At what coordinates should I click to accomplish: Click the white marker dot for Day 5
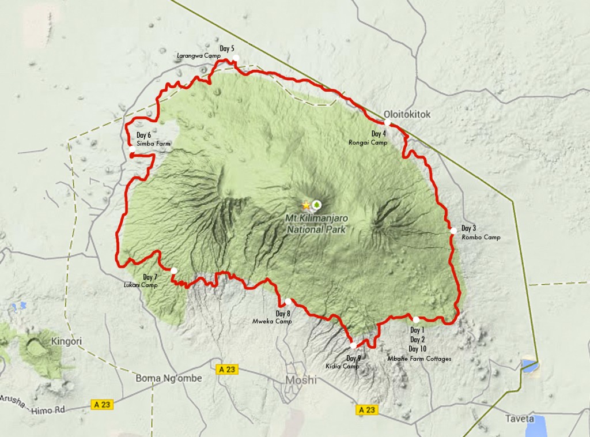(x=235, y=58)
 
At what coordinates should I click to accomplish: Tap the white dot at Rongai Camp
(x=387, y=123)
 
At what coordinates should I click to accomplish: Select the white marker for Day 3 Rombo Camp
(x=453, y=231)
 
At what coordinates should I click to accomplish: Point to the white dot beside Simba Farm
(x=132, y=150)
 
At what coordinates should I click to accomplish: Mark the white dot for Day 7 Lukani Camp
(x=173, y=270)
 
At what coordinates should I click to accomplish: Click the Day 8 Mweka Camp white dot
(x=288, y=302)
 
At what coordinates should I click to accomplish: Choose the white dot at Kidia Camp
(x=353, y=345)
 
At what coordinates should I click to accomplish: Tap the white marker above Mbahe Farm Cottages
(x=416, y=319)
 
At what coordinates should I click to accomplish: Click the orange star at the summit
(x=305, y=205)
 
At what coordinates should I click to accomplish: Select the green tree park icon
(x=316, y=205)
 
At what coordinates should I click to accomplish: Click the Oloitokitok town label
(x=407, y=114)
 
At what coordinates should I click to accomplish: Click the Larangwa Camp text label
(x=199, y=56)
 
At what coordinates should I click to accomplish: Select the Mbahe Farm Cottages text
(x=419, y=359)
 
